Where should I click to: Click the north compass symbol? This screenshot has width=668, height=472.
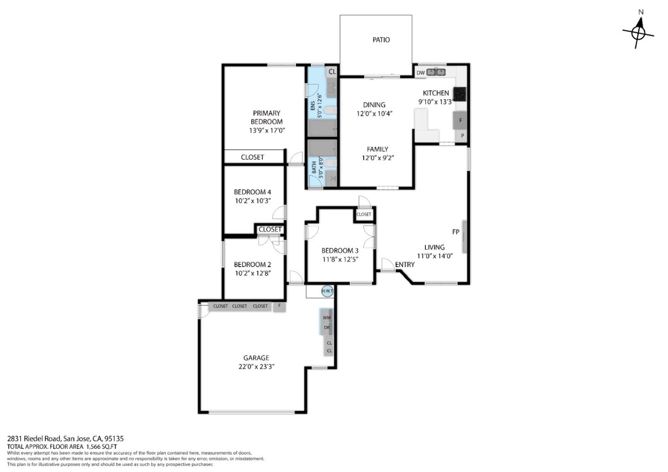[x=638, y=32]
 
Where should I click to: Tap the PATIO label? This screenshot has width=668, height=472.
[x=381, y=40]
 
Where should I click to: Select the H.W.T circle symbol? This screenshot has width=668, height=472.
[x=327, y=291]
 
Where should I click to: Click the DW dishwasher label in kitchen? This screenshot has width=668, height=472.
[x=420, y=73]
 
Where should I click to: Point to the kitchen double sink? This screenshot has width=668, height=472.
[x=436, y=72]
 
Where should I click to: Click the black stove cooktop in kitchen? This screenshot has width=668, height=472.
[x=459, y=94]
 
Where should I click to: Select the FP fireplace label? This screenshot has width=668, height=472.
[x=456, y=232]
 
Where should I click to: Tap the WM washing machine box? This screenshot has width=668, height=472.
[x=327, y=318]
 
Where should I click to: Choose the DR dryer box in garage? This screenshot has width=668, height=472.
[x=327, y=328]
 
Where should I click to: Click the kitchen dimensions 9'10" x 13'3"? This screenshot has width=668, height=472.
[x=435, y=102]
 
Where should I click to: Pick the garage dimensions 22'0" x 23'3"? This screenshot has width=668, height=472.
[x=256, y=367]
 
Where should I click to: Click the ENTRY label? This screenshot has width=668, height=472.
[x=405, y=265]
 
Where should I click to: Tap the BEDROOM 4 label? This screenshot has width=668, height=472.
[x=252, y=192]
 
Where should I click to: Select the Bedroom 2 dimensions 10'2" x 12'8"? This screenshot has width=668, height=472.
[x=252, y=274]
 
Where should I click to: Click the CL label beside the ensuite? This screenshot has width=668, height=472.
[x=332, y=72]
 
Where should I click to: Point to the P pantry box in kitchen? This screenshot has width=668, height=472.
[x=462, y=136]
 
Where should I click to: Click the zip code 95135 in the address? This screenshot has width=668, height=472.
[x=114, y=438]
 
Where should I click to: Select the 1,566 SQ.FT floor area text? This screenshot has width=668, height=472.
[x=102, y=446]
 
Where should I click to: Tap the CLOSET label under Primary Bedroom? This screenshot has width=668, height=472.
[x=252, y=157]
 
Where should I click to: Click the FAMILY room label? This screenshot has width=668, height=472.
[x=377, y=149]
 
